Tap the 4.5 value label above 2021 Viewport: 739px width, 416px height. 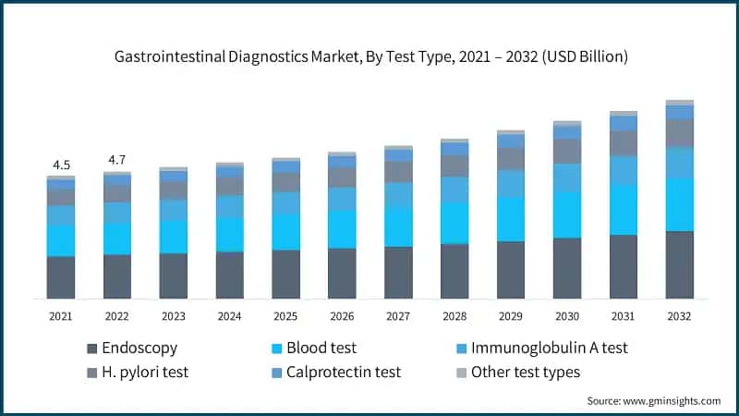point(61,165)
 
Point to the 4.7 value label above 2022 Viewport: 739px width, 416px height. point(117,160)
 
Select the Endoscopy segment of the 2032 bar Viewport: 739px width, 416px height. point(680,264)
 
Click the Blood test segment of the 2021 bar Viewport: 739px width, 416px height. point(61,239)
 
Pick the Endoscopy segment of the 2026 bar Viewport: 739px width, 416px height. point(342,273)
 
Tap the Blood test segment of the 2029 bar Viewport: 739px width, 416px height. point(511,219)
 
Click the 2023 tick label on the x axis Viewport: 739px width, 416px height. point(174,316)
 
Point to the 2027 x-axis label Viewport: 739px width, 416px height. point(398,316)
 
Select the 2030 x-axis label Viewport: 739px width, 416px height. point(567,316)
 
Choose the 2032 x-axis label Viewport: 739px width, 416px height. point(680,316)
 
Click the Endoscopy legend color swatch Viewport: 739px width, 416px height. point(91,349)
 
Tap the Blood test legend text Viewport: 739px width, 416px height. point(321,349)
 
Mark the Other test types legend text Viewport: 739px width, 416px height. point(526,373)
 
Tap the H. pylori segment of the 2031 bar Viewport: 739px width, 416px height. point(624,142)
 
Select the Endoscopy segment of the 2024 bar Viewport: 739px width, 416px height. point(230,275)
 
